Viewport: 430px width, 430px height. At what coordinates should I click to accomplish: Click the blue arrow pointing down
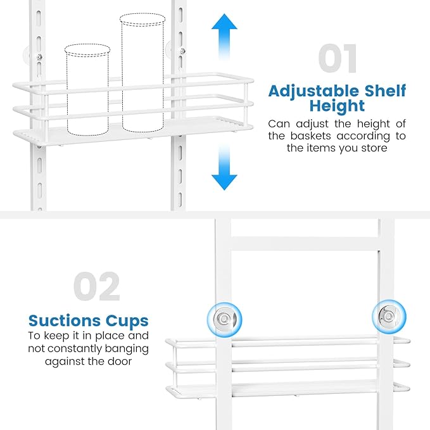(224, 167)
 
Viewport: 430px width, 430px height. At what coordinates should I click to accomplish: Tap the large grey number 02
(97, 287)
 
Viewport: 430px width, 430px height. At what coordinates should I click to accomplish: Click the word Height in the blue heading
(337, 106)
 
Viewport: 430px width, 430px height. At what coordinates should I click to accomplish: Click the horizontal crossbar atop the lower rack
(305, 244)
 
